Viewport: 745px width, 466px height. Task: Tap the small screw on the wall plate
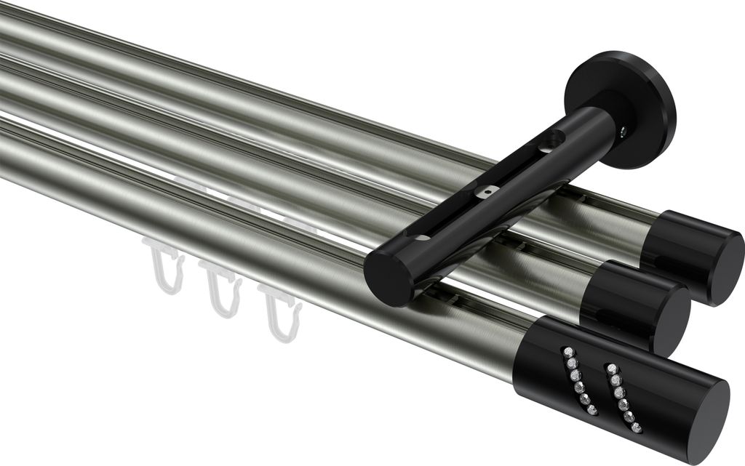(x=624, y=131)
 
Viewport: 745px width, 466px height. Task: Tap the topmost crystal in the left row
(x=567, y=352)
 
